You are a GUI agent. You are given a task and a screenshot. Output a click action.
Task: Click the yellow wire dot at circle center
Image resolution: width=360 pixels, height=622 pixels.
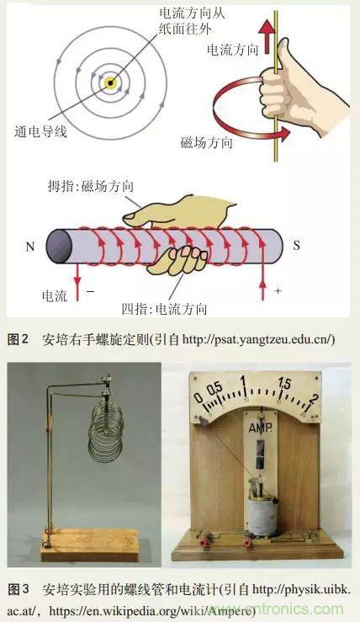coord(110,82)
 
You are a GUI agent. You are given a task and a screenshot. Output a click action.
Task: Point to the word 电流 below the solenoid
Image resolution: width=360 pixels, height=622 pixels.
coord(56,297)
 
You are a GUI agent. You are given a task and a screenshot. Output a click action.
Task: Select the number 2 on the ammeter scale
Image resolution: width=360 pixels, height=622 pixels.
coord(314,398)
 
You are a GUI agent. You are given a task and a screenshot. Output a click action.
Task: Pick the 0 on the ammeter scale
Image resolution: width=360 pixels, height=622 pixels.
coord(198,396)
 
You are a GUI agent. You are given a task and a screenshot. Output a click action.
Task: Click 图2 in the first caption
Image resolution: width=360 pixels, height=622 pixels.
coord(18,339)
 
